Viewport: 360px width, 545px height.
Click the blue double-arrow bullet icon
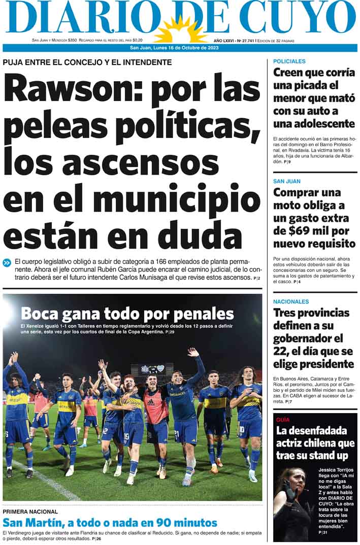[7, 262]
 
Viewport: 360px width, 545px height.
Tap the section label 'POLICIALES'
[289, 61]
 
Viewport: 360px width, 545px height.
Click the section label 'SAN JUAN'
[287, 181]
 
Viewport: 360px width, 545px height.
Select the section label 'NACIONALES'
[291, 301]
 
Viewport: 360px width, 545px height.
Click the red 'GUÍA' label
[283, 420]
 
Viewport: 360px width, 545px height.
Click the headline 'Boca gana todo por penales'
[127, 313]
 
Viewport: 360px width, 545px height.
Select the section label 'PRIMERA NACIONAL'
[31, 512]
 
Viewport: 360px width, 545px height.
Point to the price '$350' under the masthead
[72, 40]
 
